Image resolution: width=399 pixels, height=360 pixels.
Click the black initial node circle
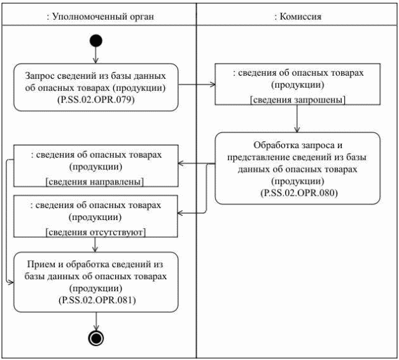tap(95, 42)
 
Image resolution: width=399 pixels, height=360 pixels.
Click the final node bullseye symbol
tap(95, 337)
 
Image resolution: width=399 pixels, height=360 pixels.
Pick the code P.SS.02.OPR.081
tap(95, 298)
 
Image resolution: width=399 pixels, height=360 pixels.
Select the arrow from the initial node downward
tap(95, 57)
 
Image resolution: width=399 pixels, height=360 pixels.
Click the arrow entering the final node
tap(95, 321)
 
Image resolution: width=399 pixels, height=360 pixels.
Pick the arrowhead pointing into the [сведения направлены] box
tap(181, 164)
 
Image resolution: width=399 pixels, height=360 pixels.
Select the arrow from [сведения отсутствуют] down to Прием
tap(95, 245)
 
